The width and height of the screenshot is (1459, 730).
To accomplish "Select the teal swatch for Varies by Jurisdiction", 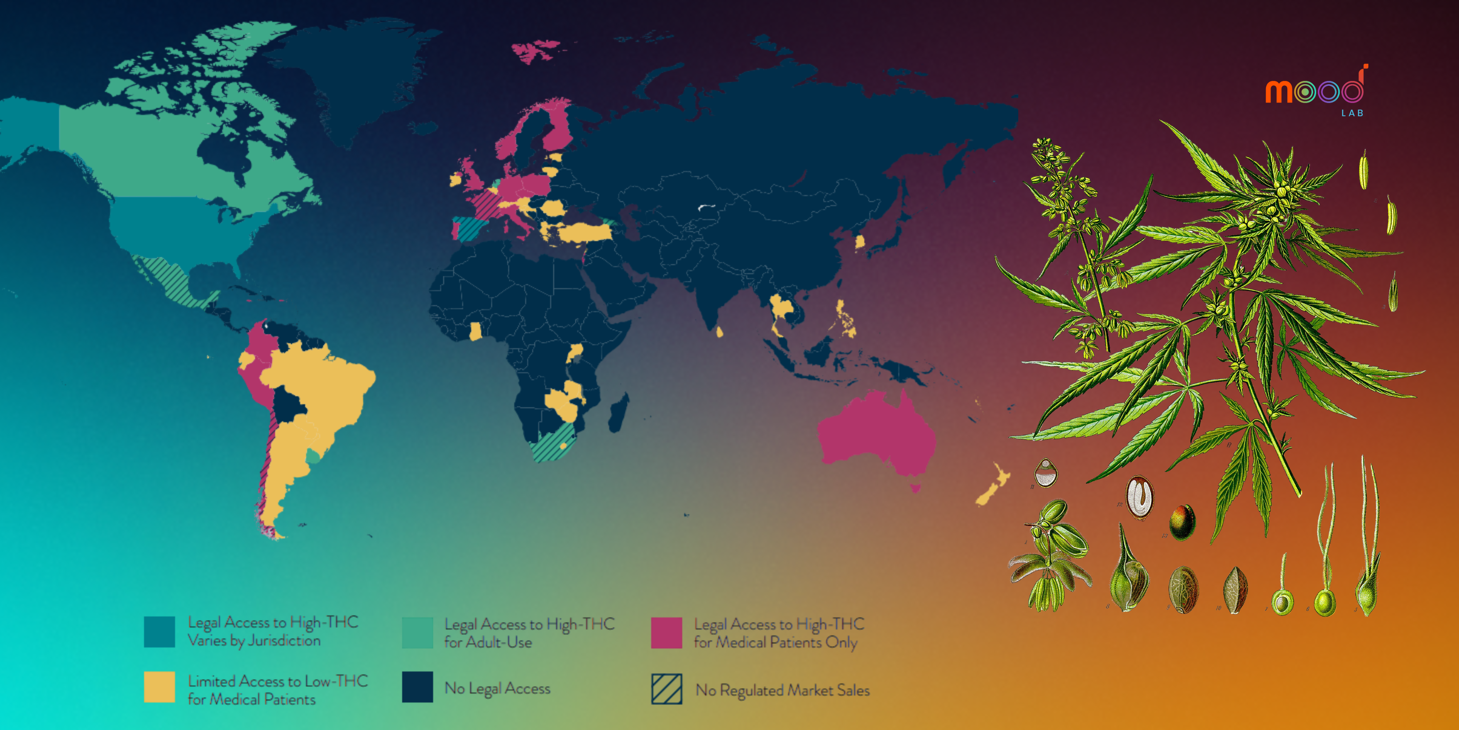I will click(159, 632).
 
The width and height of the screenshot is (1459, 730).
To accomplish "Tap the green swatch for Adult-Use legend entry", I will click(417, 633).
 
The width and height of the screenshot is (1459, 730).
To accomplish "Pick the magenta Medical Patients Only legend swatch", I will click(666, 633).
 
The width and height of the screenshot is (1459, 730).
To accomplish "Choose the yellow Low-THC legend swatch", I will click(159, 687).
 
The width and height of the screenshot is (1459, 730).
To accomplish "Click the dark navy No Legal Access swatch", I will click(417, 687).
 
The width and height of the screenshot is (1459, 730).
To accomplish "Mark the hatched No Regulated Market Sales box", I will click(666, 689).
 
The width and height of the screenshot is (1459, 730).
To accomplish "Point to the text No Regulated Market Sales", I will click(782, 690).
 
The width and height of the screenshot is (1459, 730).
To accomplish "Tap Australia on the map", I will click(875, 436).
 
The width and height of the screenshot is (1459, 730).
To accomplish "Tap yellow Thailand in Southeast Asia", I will click(780, 309).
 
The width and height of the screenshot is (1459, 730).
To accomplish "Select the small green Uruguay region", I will click(313, 456).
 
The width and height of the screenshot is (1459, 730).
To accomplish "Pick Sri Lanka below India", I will click(719, 331).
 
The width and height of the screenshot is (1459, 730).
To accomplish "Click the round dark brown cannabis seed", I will click(1182, 522).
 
